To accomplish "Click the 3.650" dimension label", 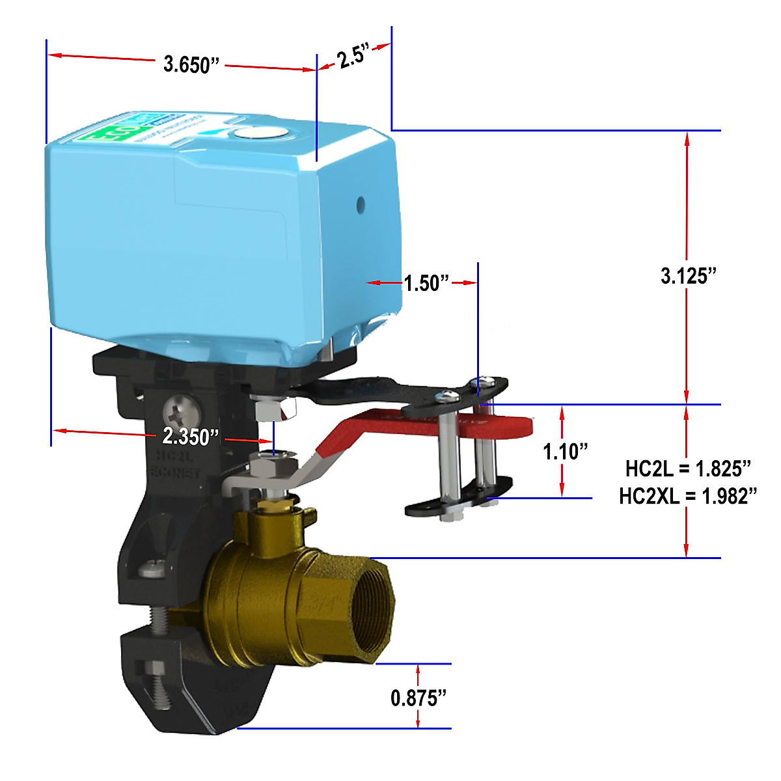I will [x=191, y=64].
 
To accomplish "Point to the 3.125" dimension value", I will [x=688, y=276].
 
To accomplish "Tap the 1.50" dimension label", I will [x=426, y=283].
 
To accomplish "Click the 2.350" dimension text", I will [x=191, y=436].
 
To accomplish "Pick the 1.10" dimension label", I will [x=565, y=451].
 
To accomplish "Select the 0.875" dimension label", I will [x=418, y=698].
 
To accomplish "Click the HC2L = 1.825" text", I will [x=688, y=468].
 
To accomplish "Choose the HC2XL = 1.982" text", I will [x=688, y=496].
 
